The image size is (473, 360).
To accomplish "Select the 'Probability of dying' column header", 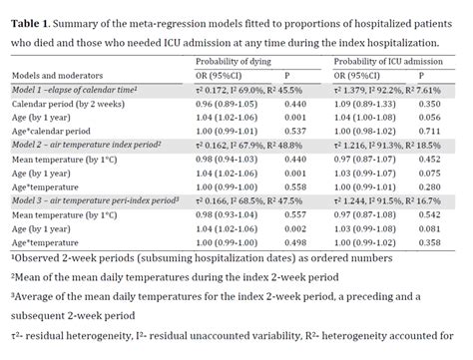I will point(235,61).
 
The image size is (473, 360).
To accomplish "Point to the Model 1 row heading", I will point(72,89).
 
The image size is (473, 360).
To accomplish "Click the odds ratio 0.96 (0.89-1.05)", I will point(226,103).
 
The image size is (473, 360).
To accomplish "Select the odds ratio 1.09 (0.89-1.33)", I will point(368,103).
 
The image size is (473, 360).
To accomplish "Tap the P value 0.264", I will point(293,117).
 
